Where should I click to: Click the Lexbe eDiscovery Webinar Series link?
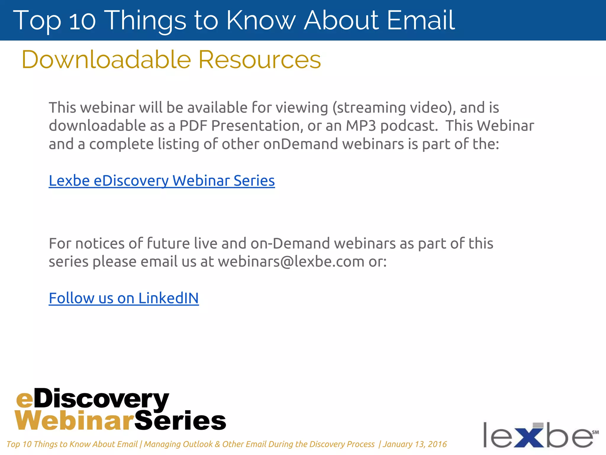tap(162, 181)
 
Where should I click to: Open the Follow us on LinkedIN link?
tap(124, 298)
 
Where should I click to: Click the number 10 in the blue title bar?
tap(82, 21)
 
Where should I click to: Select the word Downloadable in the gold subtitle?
tap(106, 60)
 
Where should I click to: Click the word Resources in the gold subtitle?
tap(260, 60)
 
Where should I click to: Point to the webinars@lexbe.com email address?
tap(291, 262)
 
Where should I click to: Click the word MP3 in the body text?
tap(361, 126)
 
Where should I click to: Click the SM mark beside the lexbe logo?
tap(595, 432)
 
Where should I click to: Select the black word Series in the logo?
tap(180, 421)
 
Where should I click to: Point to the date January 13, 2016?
tap(415, 444)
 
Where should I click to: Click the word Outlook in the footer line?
tap(198, 444)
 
